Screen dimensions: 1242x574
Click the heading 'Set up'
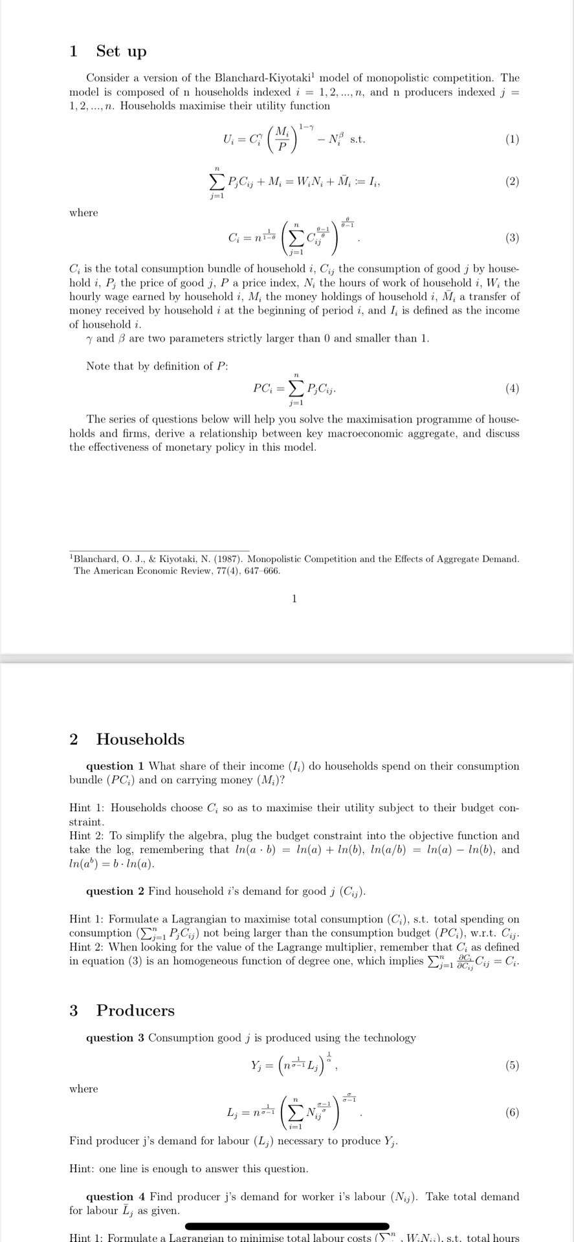tap(121, 51)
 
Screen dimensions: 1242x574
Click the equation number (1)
tap(512, 139)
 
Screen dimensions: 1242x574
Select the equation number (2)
tap(512, 182)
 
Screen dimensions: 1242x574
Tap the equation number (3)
tap(512, 237)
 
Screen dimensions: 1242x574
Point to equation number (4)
tap(512, 389)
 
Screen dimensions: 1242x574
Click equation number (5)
tap(512, 1065)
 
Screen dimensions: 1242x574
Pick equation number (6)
tap(512, 1113)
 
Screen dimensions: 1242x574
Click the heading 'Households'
tap(140, 739)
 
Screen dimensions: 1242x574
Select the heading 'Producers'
tap(135, 1010)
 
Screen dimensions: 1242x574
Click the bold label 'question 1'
tap(115, 766)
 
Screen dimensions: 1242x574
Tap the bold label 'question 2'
tap(115, 891)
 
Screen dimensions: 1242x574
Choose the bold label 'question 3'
tap(115, 1038)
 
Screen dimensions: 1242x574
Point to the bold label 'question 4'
tap(115, 1197)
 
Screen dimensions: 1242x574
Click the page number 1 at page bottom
tap(294, 598)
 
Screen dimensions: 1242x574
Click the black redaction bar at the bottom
tap(287, 1226)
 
